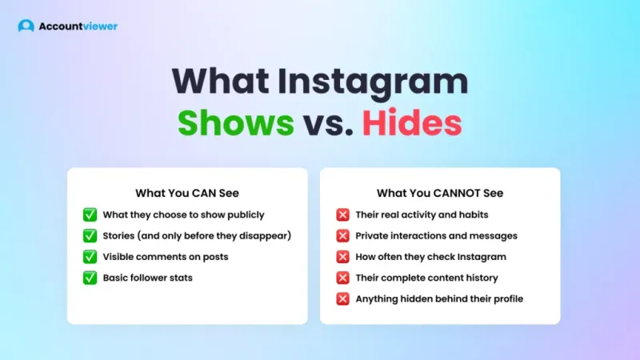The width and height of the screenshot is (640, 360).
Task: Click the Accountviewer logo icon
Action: click(x=26, y=26)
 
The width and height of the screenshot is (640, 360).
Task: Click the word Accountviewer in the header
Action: click(x=78, y=26)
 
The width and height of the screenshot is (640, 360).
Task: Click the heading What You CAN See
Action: click(x=187, y=193)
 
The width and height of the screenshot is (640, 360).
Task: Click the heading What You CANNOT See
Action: click(x=440, y=193)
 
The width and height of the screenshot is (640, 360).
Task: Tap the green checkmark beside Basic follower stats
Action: click(x=90, y=278)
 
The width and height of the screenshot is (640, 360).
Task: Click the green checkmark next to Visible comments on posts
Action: click(x=90, y=257)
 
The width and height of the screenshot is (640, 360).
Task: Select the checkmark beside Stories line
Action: click(x=90, y=236)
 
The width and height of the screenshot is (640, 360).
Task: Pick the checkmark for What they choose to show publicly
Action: click(x=90, y=214)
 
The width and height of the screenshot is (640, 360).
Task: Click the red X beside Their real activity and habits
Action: click(x=342, y=214)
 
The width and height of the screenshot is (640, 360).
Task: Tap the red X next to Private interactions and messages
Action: click(x=342, y=236)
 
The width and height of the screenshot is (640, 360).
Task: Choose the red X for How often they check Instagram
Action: click(x=342, y=257)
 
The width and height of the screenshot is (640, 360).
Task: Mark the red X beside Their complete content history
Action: click(x=342, y=278)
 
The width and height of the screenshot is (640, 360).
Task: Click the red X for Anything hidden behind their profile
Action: click(x=342, y=298)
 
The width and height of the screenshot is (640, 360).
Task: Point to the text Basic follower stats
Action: click(x=148, y=278)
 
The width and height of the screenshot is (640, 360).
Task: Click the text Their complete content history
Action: click(x=426, y=278)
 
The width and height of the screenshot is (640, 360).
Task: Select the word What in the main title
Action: click(x=220, y=83)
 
